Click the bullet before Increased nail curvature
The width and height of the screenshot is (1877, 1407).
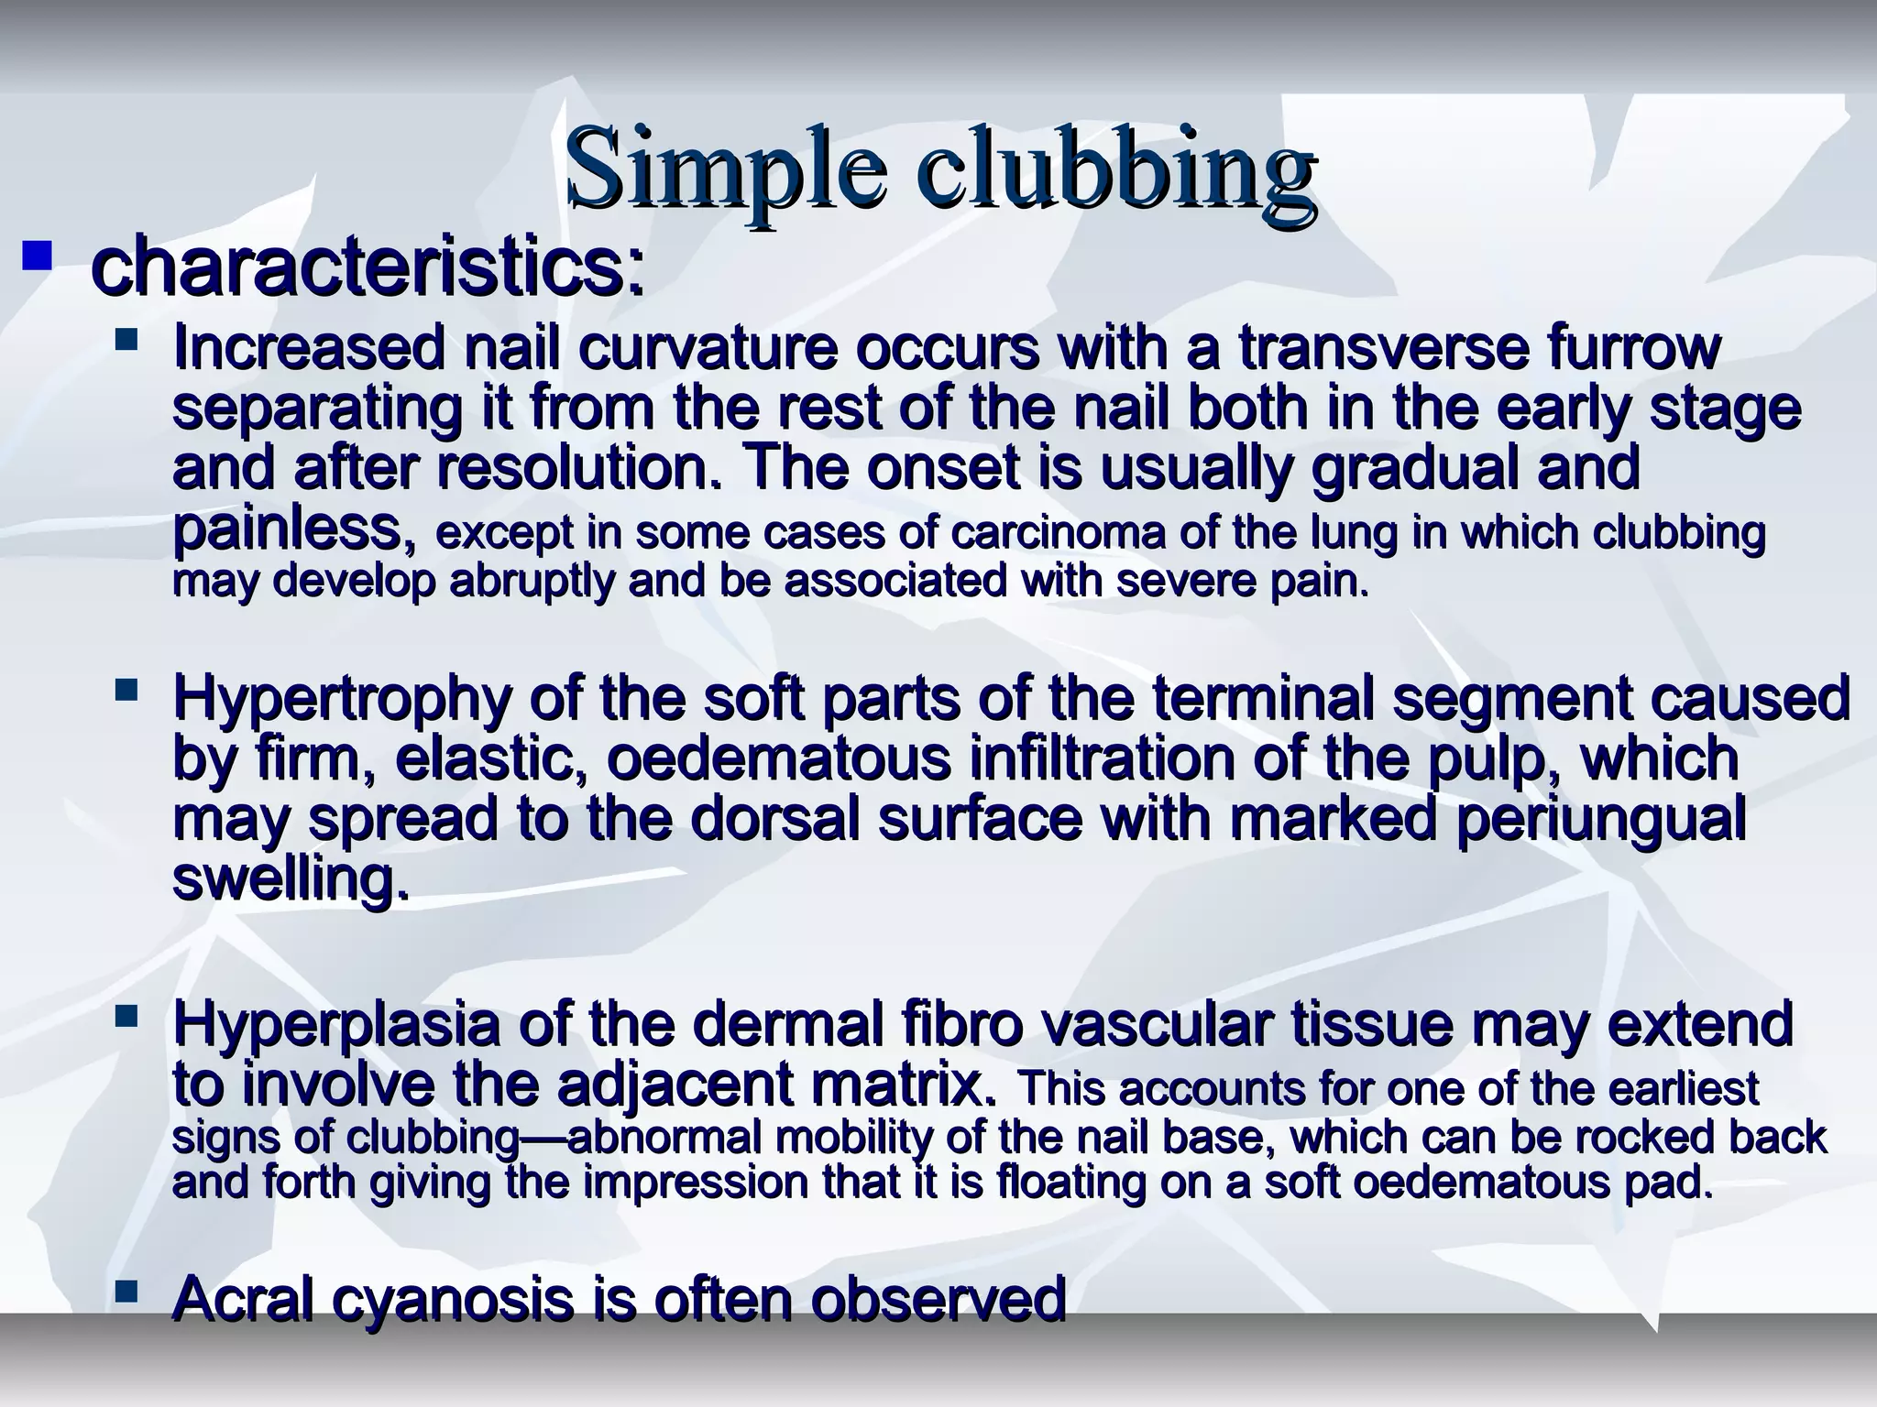pos(126,343)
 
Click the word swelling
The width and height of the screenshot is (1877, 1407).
pos(291,879)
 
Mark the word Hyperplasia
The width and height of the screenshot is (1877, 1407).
pos(336,1025)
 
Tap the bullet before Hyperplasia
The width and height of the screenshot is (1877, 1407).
pos(126,1014)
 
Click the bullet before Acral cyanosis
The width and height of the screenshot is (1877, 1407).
pos(126,1292)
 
